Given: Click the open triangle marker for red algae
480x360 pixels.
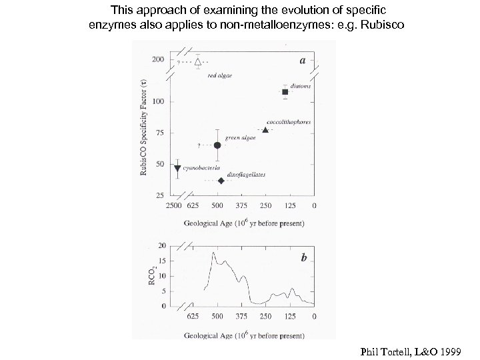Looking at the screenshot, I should coord(197,61).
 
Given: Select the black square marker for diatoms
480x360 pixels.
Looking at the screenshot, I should coord(285,92).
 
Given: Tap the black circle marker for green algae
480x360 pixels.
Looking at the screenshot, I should coord(217,145).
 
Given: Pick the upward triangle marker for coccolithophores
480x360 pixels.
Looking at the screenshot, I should coord(265,130).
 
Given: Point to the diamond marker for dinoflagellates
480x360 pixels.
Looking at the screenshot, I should coord(221,181).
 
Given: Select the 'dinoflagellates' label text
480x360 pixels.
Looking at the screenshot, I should coord(247,174).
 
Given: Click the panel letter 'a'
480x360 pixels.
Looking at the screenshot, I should coord(303,59).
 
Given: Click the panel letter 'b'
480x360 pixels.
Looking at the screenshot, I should coord(303,257).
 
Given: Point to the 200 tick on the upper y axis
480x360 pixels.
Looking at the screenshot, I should coord(159,59).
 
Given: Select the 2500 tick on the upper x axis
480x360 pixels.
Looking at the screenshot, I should coord(174,205).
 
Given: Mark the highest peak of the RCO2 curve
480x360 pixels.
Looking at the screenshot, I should coord(213,252).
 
